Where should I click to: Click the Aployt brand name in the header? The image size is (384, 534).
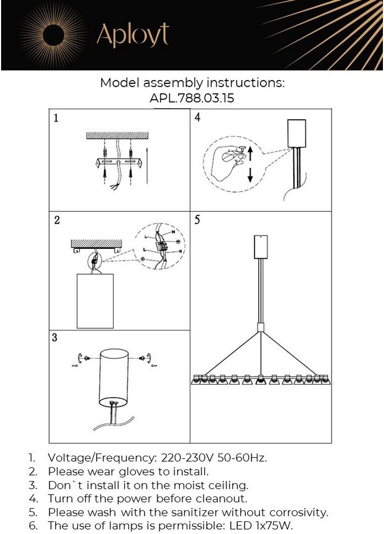coord(132,35)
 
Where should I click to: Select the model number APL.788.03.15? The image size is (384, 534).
coord(192,99)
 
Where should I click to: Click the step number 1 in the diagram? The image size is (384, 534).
coord(56,118)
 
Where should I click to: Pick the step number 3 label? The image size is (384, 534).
coord(55,338)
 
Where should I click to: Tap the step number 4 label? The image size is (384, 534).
coord(198,118)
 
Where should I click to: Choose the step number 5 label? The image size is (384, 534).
coord(198,220)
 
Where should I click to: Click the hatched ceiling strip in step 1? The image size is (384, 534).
coord(118,135)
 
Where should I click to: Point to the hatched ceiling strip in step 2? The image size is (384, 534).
coord(96,243)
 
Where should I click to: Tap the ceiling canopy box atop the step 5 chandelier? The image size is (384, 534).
coord(260,247)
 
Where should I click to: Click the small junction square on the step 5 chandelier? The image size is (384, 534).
coord(260,328)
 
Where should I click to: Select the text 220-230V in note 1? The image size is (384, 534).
coord(185,458)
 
